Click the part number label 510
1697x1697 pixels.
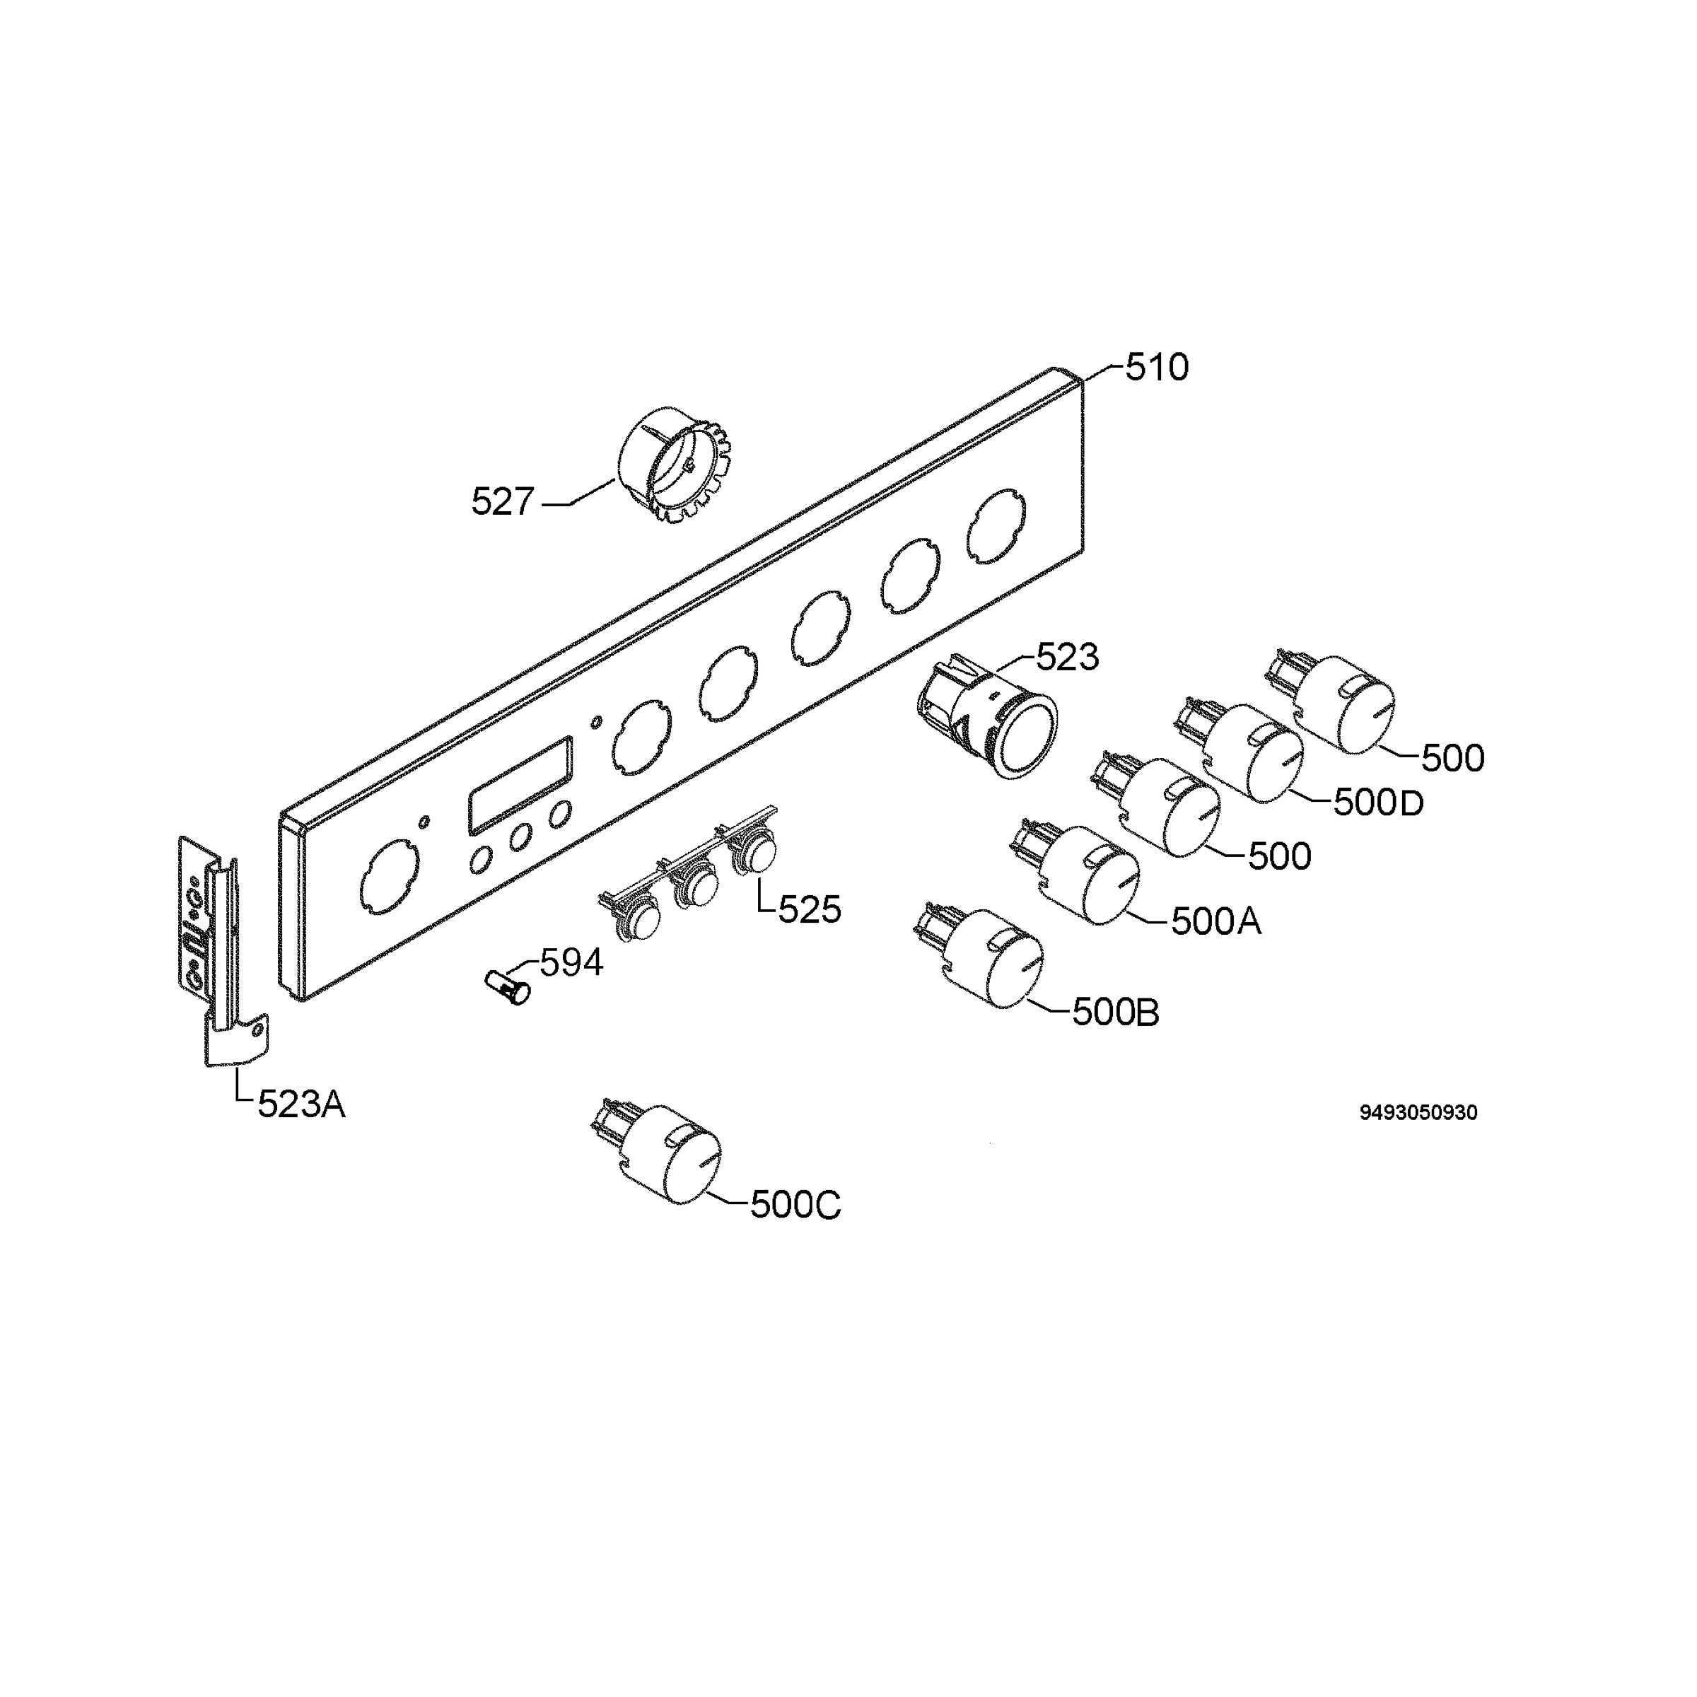pos(1157,368)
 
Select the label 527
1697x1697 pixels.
pos(503,503)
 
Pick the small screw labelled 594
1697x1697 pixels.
pos(508,987)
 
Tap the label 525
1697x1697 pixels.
pos(810,910)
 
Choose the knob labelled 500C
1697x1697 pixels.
pos(657,1150)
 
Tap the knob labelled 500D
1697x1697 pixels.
pos(1240,751)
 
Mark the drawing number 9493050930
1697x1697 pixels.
pos(1418,1112)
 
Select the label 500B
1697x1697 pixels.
pos(1116,1013)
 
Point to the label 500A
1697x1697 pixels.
pos(1215,921)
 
